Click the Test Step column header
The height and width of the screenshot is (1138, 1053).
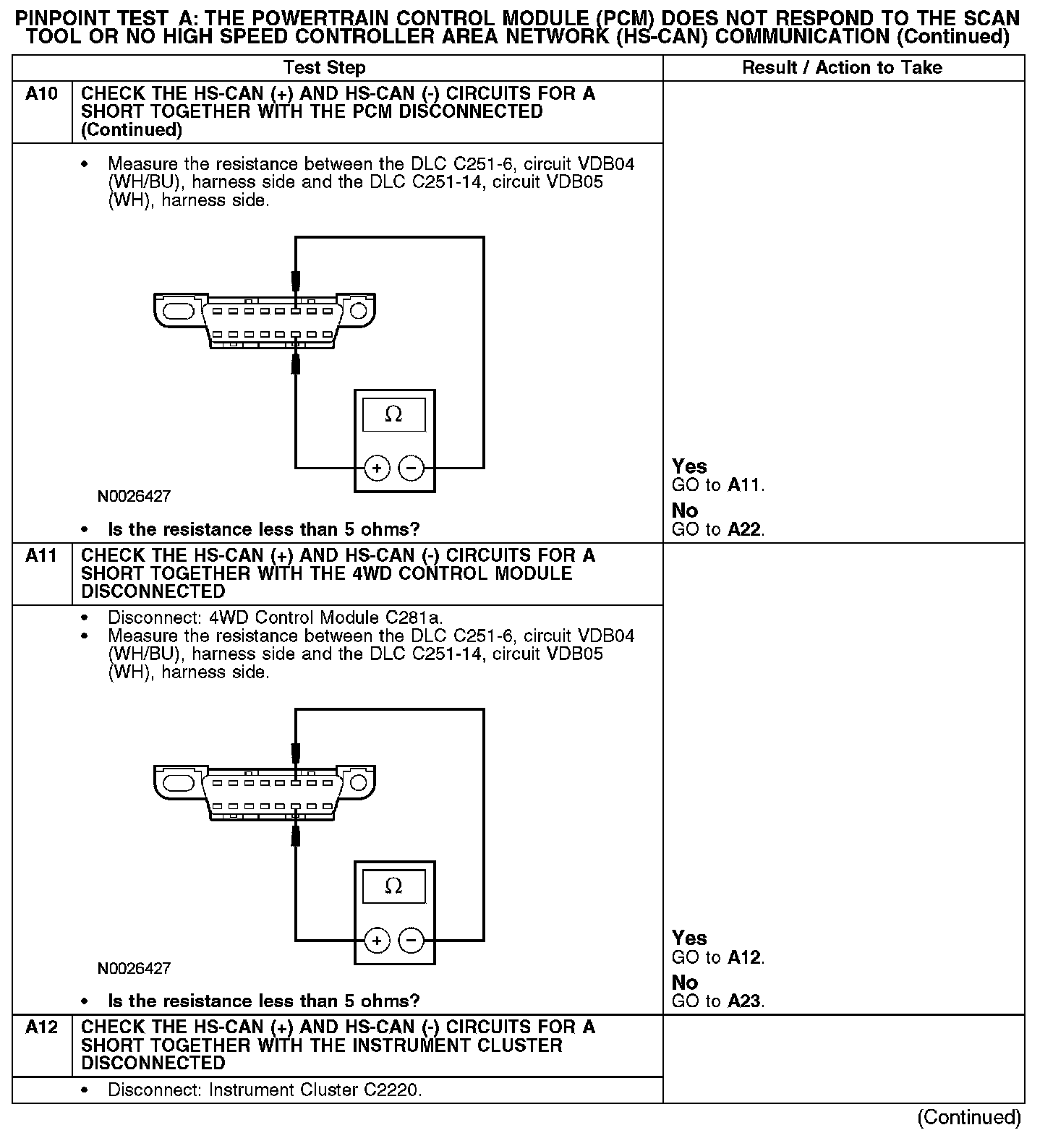[x=325, y=68]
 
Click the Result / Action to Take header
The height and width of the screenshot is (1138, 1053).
[x=843, y=68]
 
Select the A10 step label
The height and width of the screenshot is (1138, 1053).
[x=41, y=94]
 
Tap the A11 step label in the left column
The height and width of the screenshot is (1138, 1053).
[x=41, y=556]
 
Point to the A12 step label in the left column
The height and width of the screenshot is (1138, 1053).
[x=41, y=1027]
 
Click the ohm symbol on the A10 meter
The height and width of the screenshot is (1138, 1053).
[x=393, y=414]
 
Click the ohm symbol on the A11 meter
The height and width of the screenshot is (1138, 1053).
[x=393, y=886]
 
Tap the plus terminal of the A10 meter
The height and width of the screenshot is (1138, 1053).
[x=377, y=469]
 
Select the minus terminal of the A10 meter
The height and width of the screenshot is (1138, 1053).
[x=411, y=469]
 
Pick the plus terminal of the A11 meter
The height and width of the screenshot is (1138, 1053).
[x=377, y=941]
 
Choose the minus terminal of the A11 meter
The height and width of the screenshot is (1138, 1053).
[x=411, y=941]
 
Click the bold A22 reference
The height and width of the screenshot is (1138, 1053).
[x=744, y=530]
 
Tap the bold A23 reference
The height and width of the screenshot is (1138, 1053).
[x=744, y=1001]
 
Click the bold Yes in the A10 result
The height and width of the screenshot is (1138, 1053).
[x=689, y=466]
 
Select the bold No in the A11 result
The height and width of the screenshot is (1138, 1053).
[x=685, y=983]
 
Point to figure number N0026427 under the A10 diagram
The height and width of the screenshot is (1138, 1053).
[x=135, y=497]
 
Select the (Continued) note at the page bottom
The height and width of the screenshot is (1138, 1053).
[x=969, y=1118]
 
